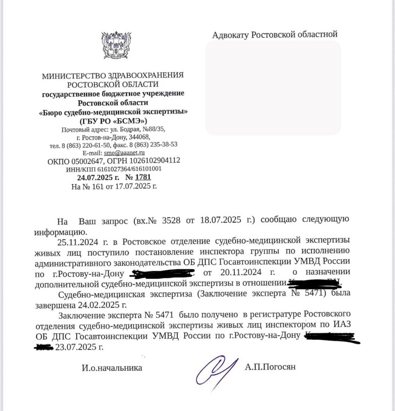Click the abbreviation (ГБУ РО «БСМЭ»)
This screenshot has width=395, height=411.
pos(113,120)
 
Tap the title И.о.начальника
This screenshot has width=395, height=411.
pos(104,368)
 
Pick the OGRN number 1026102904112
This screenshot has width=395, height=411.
pos(153,160)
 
